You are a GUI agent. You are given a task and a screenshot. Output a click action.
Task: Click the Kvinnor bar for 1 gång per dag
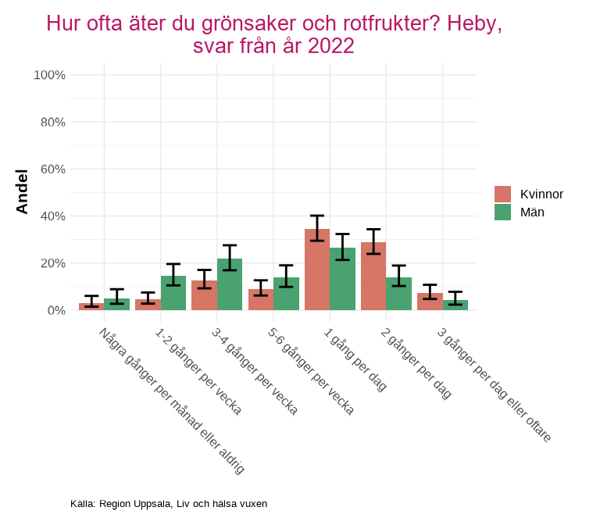click(x=317, y=273)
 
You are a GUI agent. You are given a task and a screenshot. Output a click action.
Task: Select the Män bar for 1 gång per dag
click(x=342, y=281)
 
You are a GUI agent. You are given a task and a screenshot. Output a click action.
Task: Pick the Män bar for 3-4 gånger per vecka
click(x=230, y=286)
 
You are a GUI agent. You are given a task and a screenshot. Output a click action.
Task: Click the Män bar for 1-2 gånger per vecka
click(x=173, y=295)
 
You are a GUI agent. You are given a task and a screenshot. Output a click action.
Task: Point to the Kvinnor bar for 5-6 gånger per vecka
click(x=261, y=301)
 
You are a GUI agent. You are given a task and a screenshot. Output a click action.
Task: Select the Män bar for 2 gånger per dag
click(x=398, y=295)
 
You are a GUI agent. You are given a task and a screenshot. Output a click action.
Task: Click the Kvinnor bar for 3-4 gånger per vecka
click(x=204, y=296)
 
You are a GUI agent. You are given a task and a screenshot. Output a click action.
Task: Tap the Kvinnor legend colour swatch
click(x=502, y=194)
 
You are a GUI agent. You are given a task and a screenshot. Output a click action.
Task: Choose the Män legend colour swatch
click(x=502, y=212)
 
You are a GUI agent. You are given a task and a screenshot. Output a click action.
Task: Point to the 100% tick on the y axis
click(x=49, y=75)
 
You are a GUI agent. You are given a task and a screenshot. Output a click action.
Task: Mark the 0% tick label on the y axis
click(x=55, y=310)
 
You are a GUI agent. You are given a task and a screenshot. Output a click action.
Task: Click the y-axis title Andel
click(x=22, y=191)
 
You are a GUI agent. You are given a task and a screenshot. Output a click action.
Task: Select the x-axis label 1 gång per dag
click(x=356, y=360)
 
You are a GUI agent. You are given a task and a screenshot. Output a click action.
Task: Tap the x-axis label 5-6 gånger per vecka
click(x=311, y=371)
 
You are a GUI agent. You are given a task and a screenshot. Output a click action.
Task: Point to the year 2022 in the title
click(x=331, y=47)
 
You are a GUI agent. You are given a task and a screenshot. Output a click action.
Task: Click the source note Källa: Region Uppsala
click(x=168, y=504)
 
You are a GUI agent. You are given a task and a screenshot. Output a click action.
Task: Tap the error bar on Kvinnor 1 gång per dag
click(x=317, y=228)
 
